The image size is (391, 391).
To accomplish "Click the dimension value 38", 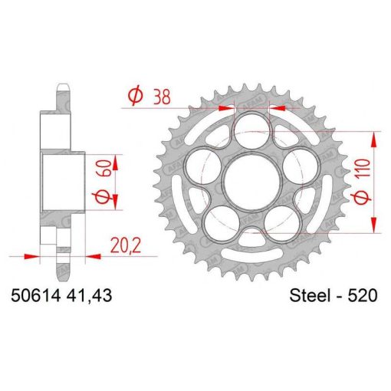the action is click(x=162, y=97).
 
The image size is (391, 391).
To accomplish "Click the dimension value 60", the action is click(x=104, y=168).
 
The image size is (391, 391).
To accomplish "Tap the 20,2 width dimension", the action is click(x=126, y=245).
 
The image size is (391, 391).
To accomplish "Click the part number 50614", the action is click(x=35, y=296).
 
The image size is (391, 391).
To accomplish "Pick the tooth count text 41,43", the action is click(x=89, y=296).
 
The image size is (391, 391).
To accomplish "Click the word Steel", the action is click(x=310, y=296).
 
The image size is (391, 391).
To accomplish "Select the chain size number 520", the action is click(x=362, y=296).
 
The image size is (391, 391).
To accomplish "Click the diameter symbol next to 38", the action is click(x=135, y=95).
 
